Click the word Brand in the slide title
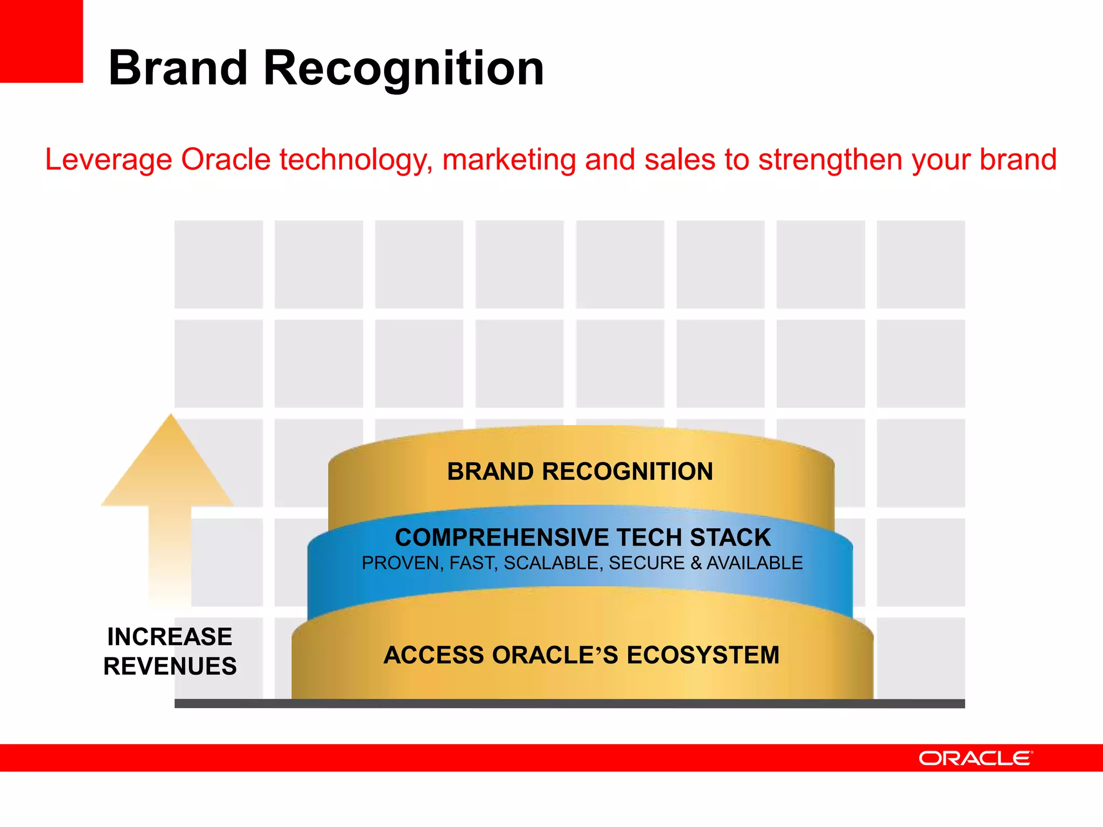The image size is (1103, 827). (178, 68)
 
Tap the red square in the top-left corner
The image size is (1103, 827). (41, 41)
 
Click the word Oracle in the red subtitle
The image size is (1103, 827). (226, 160)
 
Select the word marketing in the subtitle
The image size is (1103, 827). (509, 160)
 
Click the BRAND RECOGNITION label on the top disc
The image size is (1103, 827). (580, 472)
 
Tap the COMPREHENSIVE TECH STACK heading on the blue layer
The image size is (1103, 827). (583, 537)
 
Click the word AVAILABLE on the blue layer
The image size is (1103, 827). (755, 563)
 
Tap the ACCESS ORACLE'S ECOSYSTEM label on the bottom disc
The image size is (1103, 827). (582, 655)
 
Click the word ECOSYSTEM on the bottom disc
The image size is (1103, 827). (703, 655)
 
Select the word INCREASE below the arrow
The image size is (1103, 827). (170, 637)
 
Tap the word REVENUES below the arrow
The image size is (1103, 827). (170, 667)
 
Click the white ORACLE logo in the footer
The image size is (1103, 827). (975, 758)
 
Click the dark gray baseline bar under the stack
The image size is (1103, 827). (569, 704)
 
